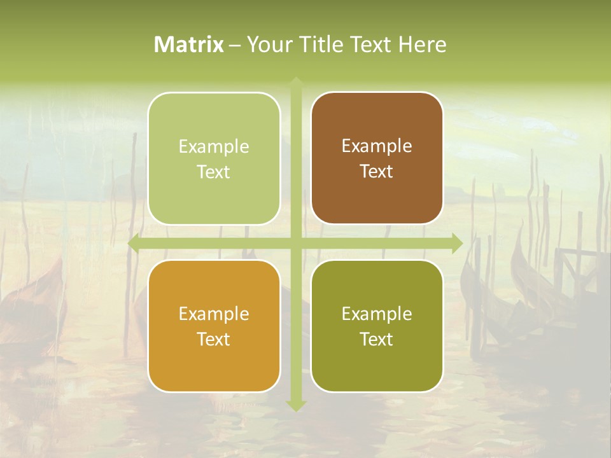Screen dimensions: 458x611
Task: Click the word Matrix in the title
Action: pos(189,45)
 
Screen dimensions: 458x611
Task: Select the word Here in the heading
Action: pos(422,45)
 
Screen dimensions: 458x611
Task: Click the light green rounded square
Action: pos(214,158)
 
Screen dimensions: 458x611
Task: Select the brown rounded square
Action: pos(377,158)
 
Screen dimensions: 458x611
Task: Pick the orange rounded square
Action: pos(214,326)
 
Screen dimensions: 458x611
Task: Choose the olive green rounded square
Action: pos(377,326)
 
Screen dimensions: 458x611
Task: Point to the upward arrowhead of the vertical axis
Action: pos(296,81)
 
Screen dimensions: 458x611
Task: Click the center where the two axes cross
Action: pos(296,243)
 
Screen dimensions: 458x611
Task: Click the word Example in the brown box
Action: pos(377,146)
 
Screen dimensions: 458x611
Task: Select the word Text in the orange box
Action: pos(214,339)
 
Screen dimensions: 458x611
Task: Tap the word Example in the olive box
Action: pos(377,314)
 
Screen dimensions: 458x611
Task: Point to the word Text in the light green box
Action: pos(214,172)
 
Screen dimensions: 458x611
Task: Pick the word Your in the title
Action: pos(267,45)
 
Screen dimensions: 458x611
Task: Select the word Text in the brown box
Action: pos(377,172)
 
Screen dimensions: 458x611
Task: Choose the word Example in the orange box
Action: pos(214,314)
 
